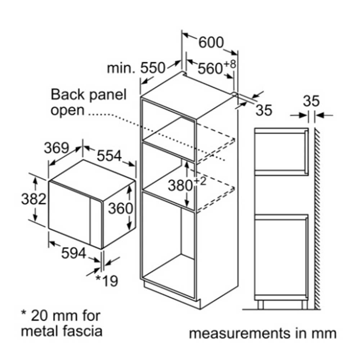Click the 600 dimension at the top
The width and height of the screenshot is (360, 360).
tap(211, 42)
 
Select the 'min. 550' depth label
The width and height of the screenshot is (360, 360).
tap(136, 68)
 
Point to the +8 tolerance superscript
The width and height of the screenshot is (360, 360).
tap(230, 64)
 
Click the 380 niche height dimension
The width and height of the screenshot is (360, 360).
tap(180, 185)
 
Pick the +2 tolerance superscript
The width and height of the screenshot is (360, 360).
tap(200, 181)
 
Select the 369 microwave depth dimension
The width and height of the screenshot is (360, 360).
tap(57, 148)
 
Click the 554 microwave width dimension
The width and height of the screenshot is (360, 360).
tap(109, 156)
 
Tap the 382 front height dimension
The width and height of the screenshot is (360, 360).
tap(34, 199)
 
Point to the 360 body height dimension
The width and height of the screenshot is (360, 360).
tap(121, 208)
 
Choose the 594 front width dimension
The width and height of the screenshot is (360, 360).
tap(74, 253)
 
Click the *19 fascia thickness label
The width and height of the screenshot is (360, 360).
tap(107, 280)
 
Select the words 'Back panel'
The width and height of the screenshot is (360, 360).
tap(89, 95)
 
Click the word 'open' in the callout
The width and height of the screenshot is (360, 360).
tap(68, 111)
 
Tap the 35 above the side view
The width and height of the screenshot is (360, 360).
tap(311, 101)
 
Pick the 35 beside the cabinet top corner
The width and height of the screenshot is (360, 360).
tap(264, 110)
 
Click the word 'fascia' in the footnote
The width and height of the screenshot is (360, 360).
tap(83, 331)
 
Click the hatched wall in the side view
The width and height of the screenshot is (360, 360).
tap(318, 219)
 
